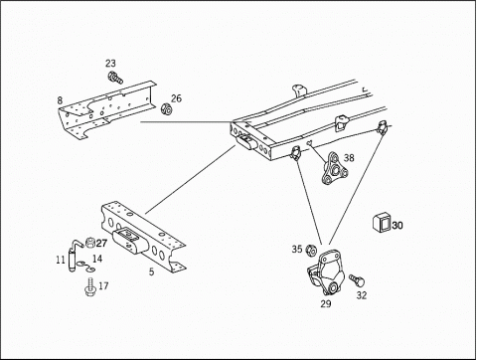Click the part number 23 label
click(x=110, y=63)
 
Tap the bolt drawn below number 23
click(x=115, y=78)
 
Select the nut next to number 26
click(x=166, y=109)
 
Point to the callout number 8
click(x=60, y=100)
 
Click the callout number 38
click(x=349, y=158)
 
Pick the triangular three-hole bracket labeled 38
click(x=334, y=168)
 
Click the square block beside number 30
click(x=382, y=224)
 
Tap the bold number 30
click(x=397, y=226)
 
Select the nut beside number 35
click(x=311, y=251)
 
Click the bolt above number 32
click(x=357, y=280)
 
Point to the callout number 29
click(x=326, y=303)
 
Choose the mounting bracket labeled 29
click(x=326, y=272)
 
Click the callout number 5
click(x=151, y=271)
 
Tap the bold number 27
click(x=101, y=244)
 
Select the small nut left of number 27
click(x=89, y=243)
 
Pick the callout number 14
click(x=97, y=259)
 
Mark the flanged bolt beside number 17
click(x=89, y=287)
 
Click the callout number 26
click(x=176, y=98)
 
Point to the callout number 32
click(x=362, y=295)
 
